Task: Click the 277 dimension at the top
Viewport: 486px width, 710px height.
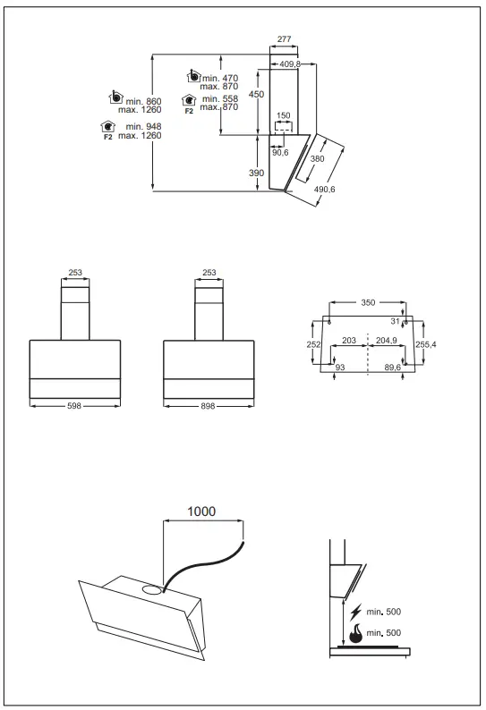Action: [284, 39]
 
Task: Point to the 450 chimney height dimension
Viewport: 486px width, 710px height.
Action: [257, 94]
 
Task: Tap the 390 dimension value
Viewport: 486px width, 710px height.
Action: [257, 173]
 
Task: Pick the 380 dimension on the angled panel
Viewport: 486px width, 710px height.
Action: [317, 158]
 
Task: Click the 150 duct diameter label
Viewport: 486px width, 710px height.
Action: [283, 116]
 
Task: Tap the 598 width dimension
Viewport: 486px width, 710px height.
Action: [74, 406]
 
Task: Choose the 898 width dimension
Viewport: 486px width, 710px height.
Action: [209, 406]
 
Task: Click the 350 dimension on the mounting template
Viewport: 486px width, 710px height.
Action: [368, 303]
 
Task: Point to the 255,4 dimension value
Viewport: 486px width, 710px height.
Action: [426, 344]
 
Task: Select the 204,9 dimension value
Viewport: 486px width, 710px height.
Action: [386, 341]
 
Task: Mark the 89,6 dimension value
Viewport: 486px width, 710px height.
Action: [392, 368]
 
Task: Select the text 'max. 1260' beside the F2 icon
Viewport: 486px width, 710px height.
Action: [139, 136]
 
